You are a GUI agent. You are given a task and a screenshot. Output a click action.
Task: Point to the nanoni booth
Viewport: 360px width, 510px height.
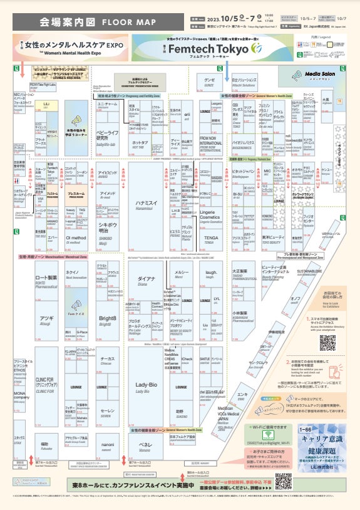pos(108,453)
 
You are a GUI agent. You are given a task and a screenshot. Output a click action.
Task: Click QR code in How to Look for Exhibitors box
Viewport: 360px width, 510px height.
pos(327,342)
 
